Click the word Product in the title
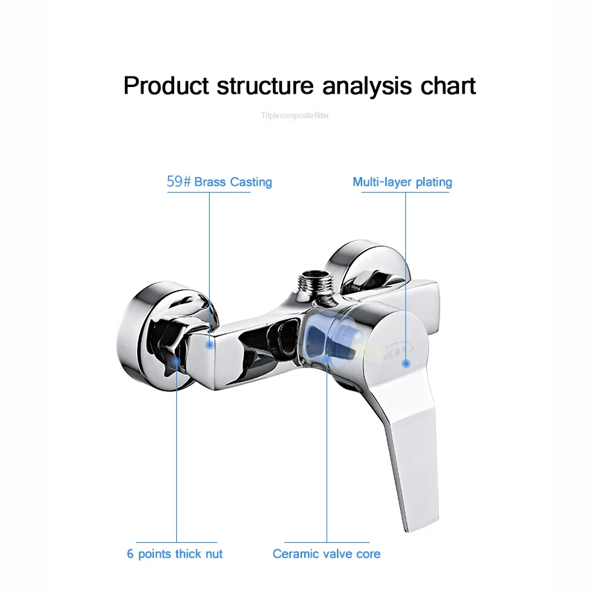(166, 86)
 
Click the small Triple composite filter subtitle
(295, 115)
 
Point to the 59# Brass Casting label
(219, 182)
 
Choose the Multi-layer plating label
(402, 182)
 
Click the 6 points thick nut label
(175, 553)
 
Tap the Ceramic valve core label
(327, 553)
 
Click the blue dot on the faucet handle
(406, 364)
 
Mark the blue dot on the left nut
(176, 361)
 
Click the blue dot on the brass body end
(210, 344)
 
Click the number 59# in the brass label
(178, 182)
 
